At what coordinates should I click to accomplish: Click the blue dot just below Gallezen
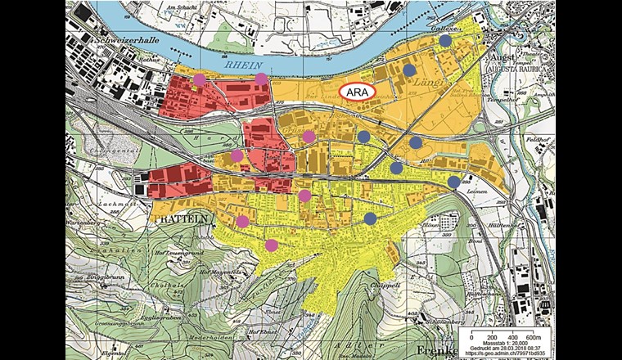pos(444,40)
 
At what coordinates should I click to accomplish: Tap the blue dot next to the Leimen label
pos(453,182)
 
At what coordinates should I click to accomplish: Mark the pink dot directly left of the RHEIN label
pos(198,79)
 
